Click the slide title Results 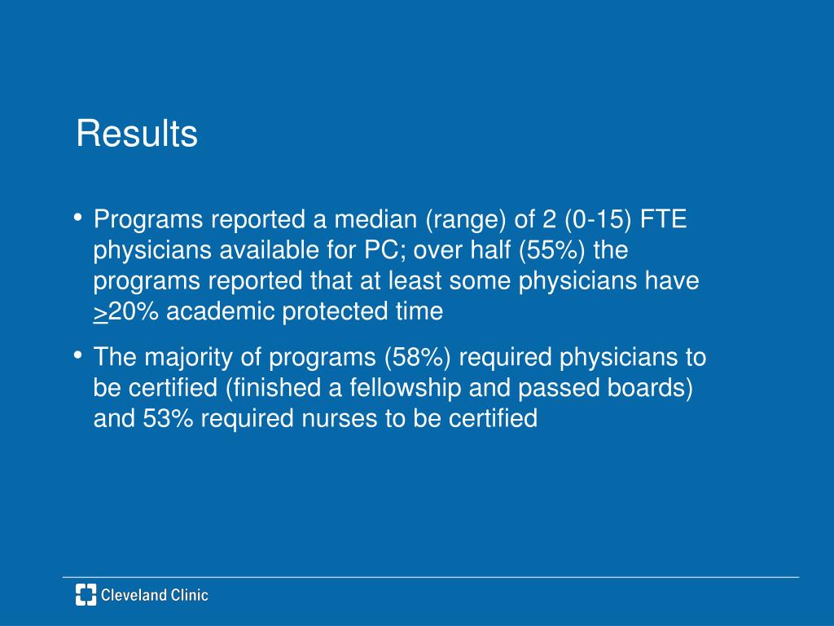(137, 133)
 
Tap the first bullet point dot (78, 217)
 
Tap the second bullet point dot (78, 355)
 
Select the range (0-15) (599, 220)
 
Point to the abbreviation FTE (664, 218)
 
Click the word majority (188, 357)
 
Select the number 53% (167, 418)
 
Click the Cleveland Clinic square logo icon (86, 594)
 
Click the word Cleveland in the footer (125, 595)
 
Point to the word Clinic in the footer (182, 595)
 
